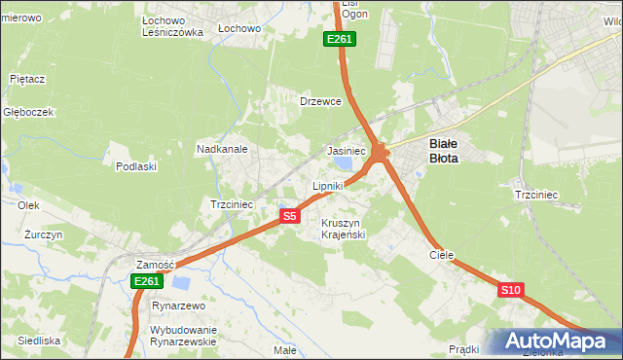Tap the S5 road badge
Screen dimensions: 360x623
coord(289,217)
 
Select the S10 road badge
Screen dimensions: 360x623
coord(511,290)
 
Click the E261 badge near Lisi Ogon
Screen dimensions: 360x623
coord(340,39)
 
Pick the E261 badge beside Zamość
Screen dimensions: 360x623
coord(146,281)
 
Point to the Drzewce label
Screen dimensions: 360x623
coord(319,101)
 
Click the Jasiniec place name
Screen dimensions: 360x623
coord(346,152)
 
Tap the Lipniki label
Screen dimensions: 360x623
coord(327,185)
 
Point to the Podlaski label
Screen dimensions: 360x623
coord(136,166)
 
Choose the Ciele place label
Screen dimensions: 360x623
coord(442,254)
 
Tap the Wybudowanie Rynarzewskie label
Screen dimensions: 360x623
coord(183,336)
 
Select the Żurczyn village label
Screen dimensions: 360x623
coord(44,235)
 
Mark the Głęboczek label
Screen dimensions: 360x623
coord(27,112)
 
